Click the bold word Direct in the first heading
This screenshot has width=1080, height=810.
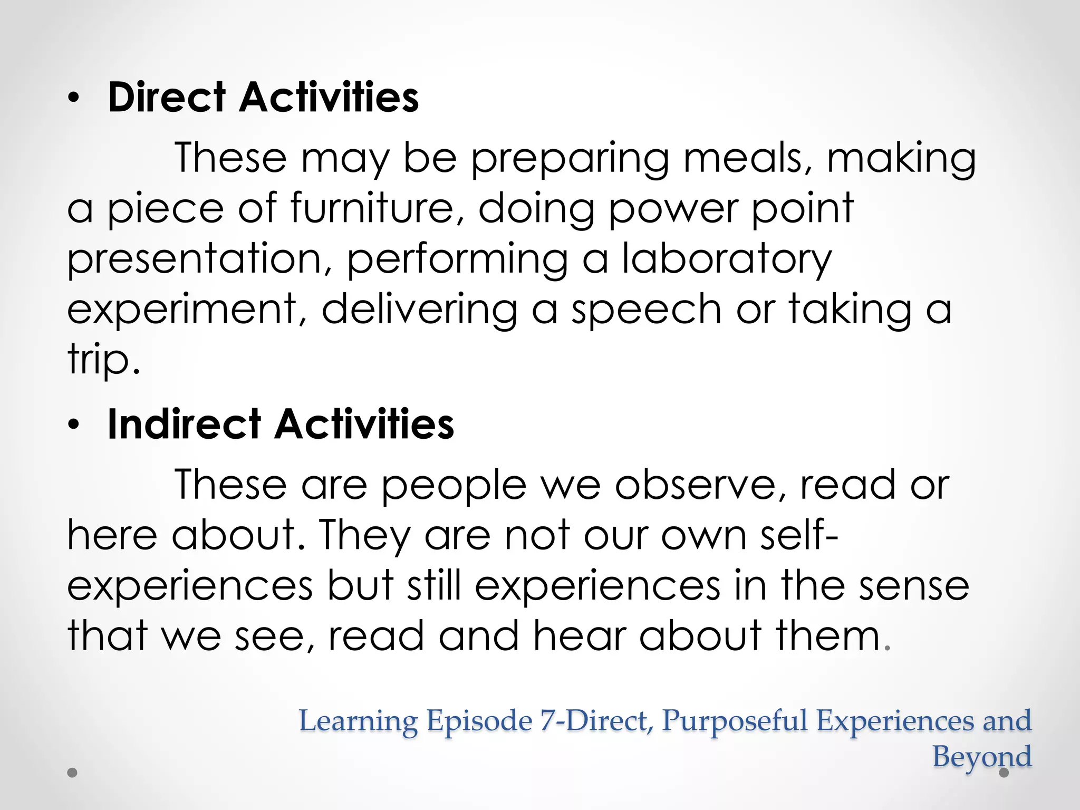(x=167, y=98)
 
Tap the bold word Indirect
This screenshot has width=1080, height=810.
(x=184, y=424)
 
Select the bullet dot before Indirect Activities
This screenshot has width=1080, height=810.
(x=74, y=425)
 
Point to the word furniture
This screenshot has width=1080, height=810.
(x=377, y=208)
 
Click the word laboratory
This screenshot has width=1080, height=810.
(x=727, y=259)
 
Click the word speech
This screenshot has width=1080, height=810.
(x=647, y=310)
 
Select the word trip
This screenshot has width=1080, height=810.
(x=103, y=361)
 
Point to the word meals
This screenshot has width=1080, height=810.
(x=748, y=158)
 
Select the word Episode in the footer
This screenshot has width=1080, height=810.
(x=479, y=721)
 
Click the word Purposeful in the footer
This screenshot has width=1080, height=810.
(x=734, y=721)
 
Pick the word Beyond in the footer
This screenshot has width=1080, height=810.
(x=982, y=757)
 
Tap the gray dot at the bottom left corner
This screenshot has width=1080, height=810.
(x=73, y=773)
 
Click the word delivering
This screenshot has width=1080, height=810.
(x=419, y=310)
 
